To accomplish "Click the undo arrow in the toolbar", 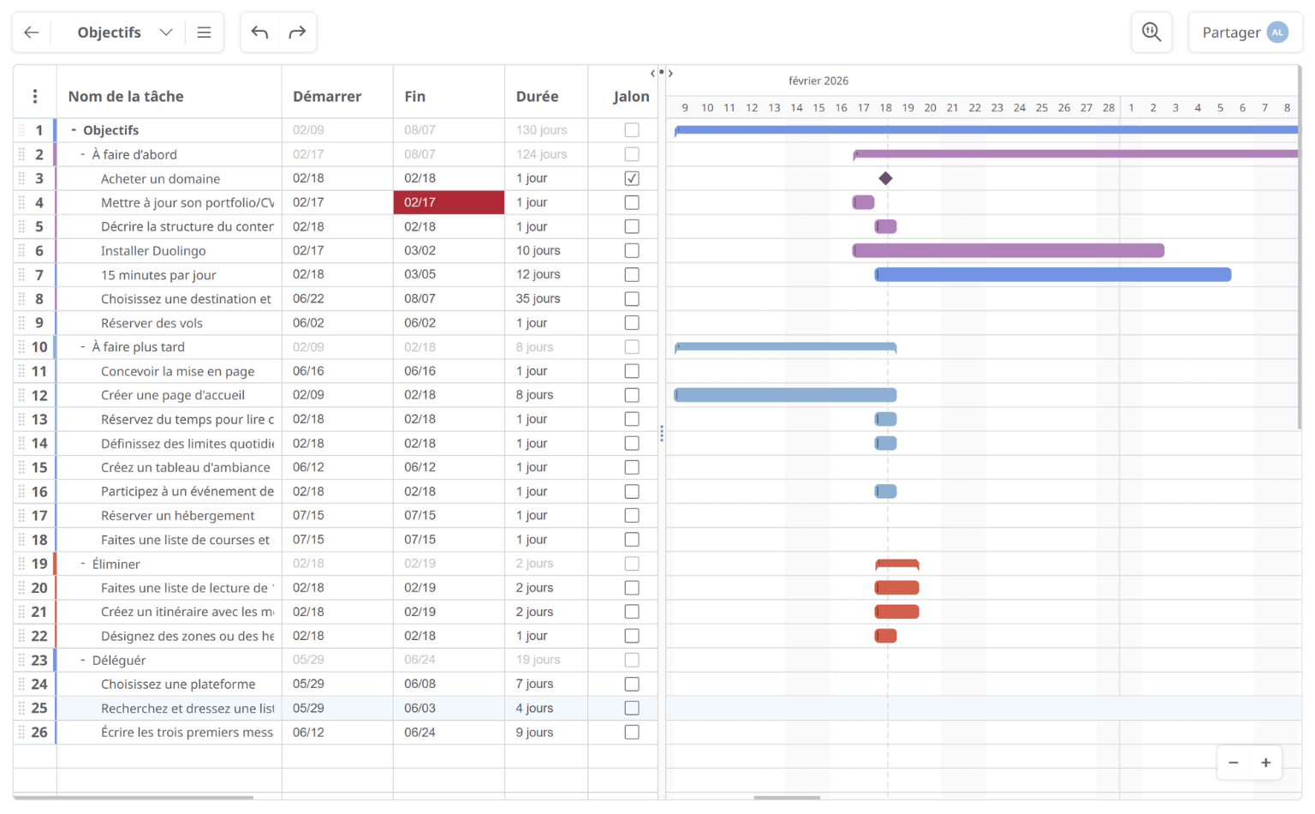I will click(x=260, y=33).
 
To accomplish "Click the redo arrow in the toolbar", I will click(x=297, y=33).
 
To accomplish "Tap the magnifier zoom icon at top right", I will click(x=1151, y=33).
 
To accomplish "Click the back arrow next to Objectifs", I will click(x=32, y=33).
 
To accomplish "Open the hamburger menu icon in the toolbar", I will click(x=204, y=33).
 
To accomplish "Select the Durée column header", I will click(x=537, y=96).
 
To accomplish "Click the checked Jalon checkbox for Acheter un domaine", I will click(x=632, y=178).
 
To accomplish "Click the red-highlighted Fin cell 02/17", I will click(x=449, y=202).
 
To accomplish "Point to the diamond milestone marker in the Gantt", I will click(x=886, y=178).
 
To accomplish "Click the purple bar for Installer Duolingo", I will click(x=1009, y=250).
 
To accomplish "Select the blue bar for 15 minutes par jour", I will click(x=1053, y=275).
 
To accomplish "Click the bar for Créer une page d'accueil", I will click(x=785, y=395).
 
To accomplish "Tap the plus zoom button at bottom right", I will click(x=1265, y=763).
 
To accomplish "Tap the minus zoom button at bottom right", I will click(x=1234, y=763).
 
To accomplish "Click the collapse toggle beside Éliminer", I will click(x=83, y=564).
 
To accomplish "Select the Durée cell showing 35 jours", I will click(x=538, y=299).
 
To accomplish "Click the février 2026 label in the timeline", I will click(x=818, y=81).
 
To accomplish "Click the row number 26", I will click(x=39, y=733).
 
